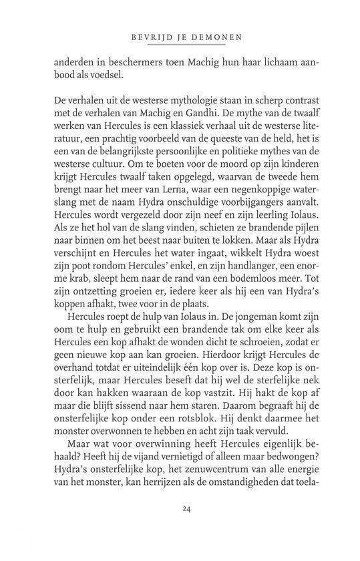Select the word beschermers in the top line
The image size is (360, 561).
[118, 62]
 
